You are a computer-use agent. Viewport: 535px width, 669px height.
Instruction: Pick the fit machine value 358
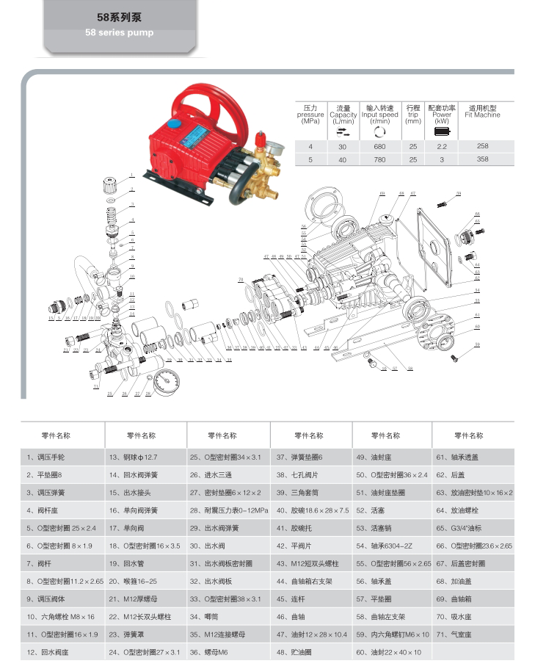coord(482,159)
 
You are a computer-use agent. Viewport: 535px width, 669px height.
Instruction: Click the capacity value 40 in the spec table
coord(342,159)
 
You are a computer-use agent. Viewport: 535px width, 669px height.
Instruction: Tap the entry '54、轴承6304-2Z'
coord(381,546)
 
